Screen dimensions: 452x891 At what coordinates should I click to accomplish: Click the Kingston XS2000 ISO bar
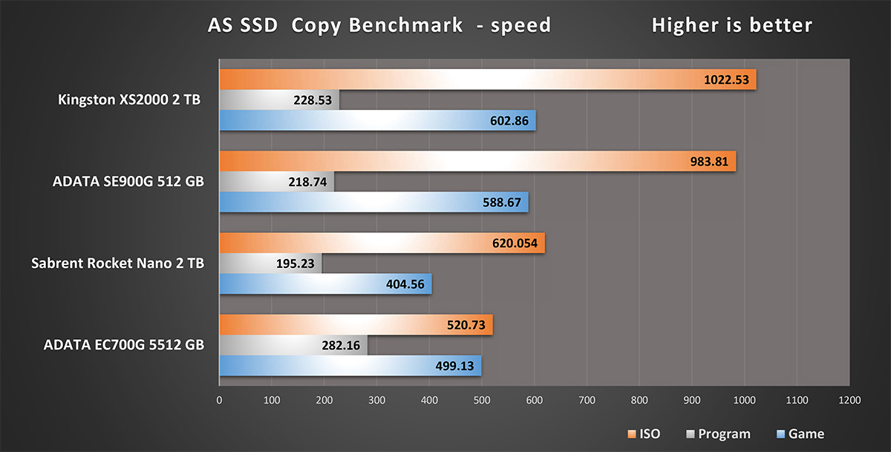pos(487,79)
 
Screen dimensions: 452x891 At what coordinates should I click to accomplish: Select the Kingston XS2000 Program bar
pos(279,100)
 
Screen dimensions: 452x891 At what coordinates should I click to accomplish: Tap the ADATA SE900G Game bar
pos(373,202)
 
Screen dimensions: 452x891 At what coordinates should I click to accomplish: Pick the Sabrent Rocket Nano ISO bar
pos(382,243)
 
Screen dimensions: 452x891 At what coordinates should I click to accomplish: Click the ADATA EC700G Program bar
pos(293,345)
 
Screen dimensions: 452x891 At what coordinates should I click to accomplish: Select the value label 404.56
pos(406,284)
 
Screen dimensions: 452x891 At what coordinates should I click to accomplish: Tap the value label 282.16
pos(342,345)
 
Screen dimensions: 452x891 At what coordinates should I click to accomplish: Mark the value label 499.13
pos(455,366)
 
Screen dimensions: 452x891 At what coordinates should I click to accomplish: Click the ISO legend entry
pos(643,434)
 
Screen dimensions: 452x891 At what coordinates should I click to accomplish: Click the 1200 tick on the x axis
pos(849,400)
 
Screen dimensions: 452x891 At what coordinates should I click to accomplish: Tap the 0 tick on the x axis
pos(219,400)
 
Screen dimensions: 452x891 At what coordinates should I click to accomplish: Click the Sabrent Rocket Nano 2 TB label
pos(118,263)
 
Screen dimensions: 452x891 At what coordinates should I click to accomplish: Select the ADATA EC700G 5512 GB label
pos(123,344)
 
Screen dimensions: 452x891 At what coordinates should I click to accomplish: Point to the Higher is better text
pos(731,25)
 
